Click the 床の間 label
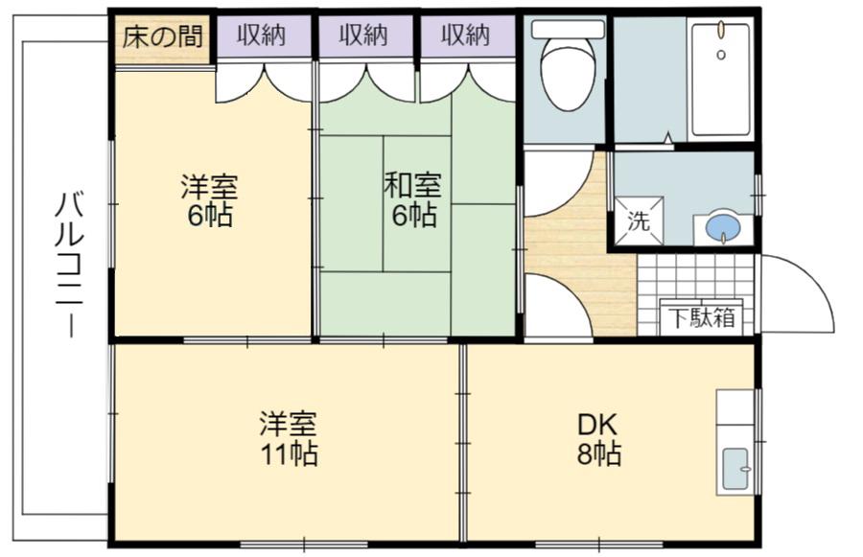click(x=162, y=36)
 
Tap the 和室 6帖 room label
click(x=413, y=199)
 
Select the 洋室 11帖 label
click(x=289, y=437)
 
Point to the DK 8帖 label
click(x=598, y=439)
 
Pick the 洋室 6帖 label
click(x=210, y=200)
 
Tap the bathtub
click(x=721, y=79)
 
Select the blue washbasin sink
click(x=722, y=228)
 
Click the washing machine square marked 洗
click(x=639, y=220)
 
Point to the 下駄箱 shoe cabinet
click(x=702, y=317)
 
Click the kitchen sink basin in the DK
click(x=735, y=469)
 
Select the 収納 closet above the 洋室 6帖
click(x=263, y=36)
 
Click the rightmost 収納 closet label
click(x=466, y=35)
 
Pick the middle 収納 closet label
click(x=363, y=35)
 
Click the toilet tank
click(x=568, y=29)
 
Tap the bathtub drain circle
click(x=721, y=54)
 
